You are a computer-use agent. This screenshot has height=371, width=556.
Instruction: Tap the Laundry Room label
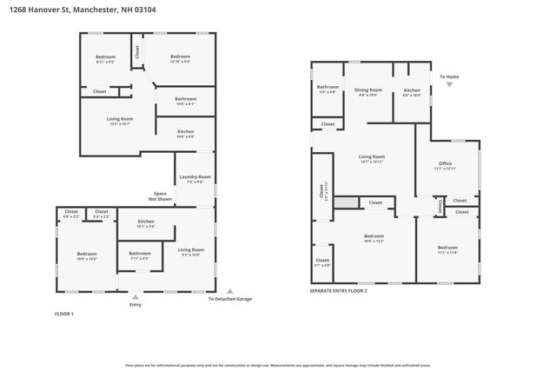click(x=195, y=178)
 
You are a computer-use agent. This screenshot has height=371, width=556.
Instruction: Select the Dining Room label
click(x=368, y=90)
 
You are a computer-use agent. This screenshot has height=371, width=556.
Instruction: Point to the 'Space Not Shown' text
click(x=161, y=196)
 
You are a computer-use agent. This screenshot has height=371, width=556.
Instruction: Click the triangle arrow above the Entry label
click(x=135, y=294)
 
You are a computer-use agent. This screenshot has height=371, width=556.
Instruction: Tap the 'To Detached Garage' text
click(x=229, y=299)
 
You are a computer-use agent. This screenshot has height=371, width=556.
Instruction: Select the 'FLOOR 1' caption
click(x=64, y=314)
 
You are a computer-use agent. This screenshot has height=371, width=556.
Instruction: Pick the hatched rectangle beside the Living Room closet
click(x=346, y=202)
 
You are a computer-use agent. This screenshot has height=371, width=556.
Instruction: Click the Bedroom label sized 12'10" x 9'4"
click(x=181, y=58)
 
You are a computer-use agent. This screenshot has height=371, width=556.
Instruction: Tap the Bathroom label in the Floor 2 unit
click(x=328, y=89)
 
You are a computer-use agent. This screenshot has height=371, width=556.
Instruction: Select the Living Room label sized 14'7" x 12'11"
click(x=372, y=158)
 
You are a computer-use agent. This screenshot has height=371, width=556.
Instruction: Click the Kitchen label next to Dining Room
click(x=412, y=91)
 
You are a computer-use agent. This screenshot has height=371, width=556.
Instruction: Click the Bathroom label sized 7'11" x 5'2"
click(x=139, y=255)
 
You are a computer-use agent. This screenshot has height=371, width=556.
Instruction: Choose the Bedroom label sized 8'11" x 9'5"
click(x=104, y=59)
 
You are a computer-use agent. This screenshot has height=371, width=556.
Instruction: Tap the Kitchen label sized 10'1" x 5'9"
click(x=146, y=223)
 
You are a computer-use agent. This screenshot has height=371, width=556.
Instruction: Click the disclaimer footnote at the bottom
click(x=277, y=366)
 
